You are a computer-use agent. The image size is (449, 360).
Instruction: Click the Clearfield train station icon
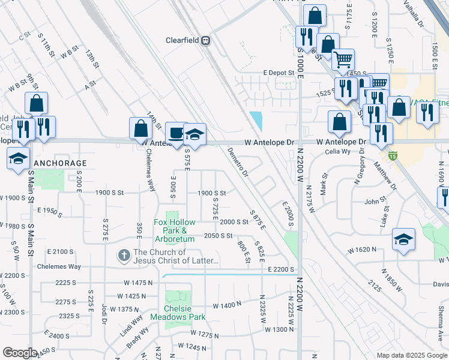pyautogui.click(x=206, y=41)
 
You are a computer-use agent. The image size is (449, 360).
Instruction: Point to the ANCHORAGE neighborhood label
pyautogui.click(x=60, y=163)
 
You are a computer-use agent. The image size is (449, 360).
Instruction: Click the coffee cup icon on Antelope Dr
pyautogui.click(x=176, y=133)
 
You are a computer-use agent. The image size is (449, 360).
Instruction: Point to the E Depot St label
pyautogui.click(x=279, y=73)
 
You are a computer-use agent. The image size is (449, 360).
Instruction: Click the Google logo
pyautogui.click(x=20, y=353)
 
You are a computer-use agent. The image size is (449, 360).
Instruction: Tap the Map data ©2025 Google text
pyautogui.click(x=411, y=355)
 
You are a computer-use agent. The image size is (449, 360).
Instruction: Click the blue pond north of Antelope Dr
pyautogui.click(x=257, y=120)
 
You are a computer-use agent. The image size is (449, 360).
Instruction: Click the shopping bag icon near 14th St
pyautogui.click(x=140, y=128)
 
